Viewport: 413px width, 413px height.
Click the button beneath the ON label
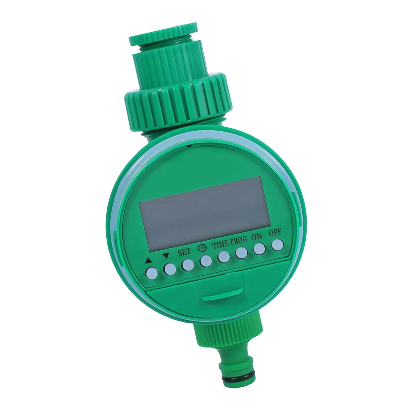[259, 249]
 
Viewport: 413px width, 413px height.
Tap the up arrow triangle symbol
[148, 261]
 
